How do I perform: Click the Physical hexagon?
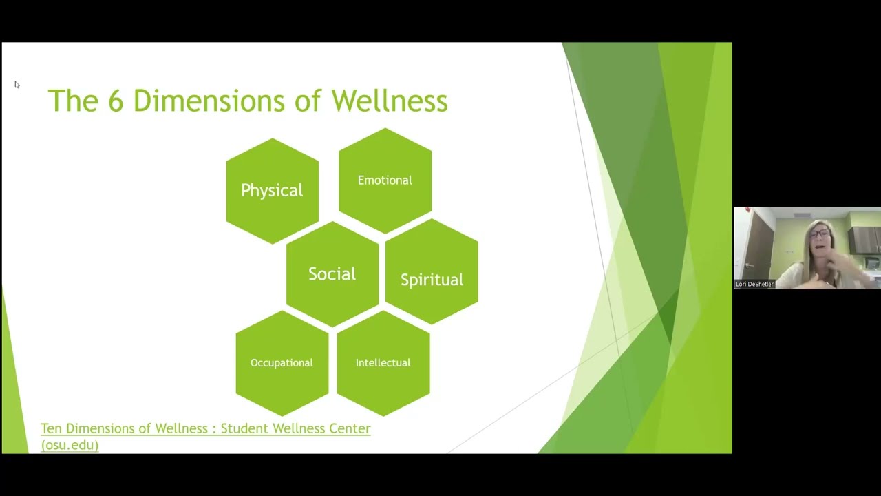pos(272,190)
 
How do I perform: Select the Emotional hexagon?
pos(385,180)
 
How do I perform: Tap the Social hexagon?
pos(332,274)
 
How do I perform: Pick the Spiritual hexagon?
pos(432,279)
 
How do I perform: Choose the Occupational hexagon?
pos(282,363)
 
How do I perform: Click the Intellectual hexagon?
pos(383,363)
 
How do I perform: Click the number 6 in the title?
pos(115,101)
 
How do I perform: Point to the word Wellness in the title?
pos(389,101)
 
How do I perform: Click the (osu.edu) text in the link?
pos(70,445)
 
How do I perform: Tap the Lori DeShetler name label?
pos(755,284)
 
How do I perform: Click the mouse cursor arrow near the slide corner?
pos(17,85)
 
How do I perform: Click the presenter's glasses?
pos(819,234)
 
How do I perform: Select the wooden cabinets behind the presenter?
pos(864,240)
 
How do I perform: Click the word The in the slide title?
pos(73,101)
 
